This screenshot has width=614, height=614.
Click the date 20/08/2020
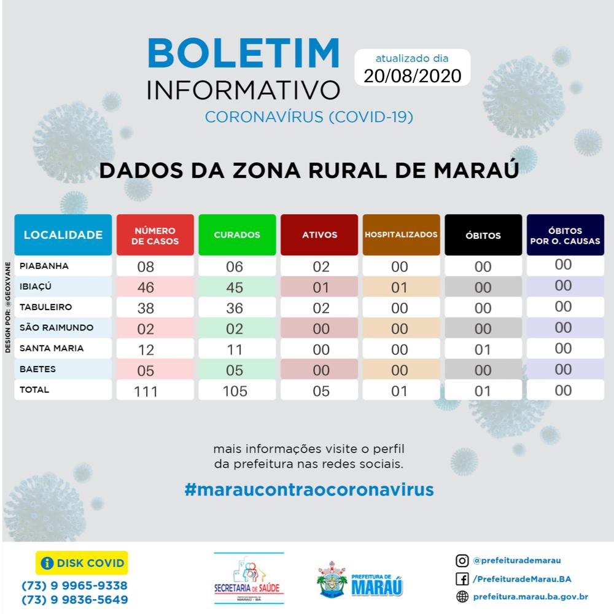(412, 76)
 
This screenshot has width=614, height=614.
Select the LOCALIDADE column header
(63, 235)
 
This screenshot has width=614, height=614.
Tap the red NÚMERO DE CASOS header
(155, 235)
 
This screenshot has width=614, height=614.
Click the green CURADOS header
(237, 235)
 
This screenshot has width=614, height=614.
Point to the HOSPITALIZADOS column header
(401, 235)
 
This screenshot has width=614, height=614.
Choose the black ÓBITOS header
(483, 235)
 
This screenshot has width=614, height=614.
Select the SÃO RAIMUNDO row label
(56, 327)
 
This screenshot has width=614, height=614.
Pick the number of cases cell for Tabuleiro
(146, 308)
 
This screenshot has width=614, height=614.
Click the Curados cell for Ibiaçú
(235, 287)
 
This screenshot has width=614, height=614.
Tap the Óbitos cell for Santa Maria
(483, 349)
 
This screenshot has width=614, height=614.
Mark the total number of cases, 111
(146, 391)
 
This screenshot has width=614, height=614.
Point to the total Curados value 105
(235, 391)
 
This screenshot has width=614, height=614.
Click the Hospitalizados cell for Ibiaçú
(400, 287)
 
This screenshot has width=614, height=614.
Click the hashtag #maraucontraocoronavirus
(309, 489)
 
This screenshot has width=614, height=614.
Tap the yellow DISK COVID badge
(82, 562)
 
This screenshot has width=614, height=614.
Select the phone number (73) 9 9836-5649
(74, 599)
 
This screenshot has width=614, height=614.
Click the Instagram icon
(462, 560)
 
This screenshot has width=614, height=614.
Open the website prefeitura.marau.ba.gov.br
(531, 596)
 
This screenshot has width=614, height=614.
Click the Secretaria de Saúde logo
(249, 578)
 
